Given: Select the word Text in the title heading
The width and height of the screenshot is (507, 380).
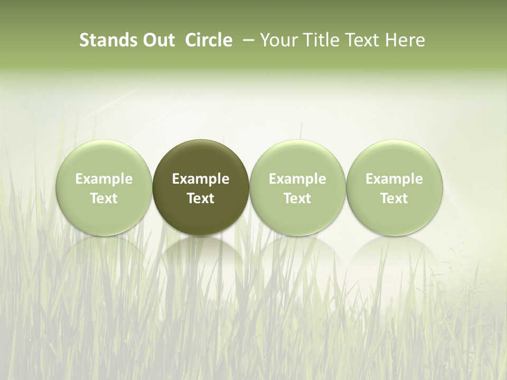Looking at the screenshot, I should [363, 40].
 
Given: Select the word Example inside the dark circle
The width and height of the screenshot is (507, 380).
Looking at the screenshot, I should [201, 179].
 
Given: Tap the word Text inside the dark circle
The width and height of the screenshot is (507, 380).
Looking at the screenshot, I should [201, 198].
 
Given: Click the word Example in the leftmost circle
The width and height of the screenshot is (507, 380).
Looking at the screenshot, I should [104, 179].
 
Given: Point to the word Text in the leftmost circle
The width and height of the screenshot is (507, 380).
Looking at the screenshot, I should [104, 198].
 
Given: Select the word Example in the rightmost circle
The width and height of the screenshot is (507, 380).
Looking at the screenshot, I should [395, 179].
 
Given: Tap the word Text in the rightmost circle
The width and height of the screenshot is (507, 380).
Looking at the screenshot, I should [395, 198].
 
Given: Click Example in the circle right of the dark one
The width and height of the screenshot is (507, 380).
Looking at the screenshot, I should [297, 179].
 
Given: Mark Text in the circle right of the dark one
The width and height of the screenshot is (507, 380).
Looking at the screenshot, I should [297, 198].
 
